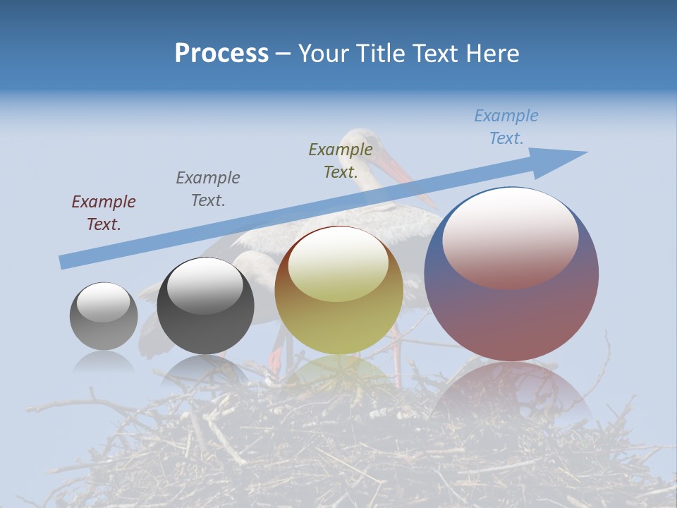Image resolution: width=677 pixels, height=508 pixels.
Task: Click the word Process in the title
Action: click(221, 54)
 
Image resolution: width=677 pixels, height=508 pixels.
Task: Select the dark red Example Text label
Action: click(104, 212)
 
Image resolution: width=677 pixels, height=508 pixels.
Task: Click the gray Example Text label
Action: click(208, 188)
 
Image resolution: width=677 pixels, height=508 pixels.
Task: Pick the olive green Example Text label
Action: click(341, 160)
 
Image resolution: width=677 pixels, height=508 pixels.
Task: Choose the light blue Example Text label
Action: click(506, 127)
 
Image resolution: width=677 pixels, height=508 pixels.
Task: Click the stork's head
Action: click(363, 141)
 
